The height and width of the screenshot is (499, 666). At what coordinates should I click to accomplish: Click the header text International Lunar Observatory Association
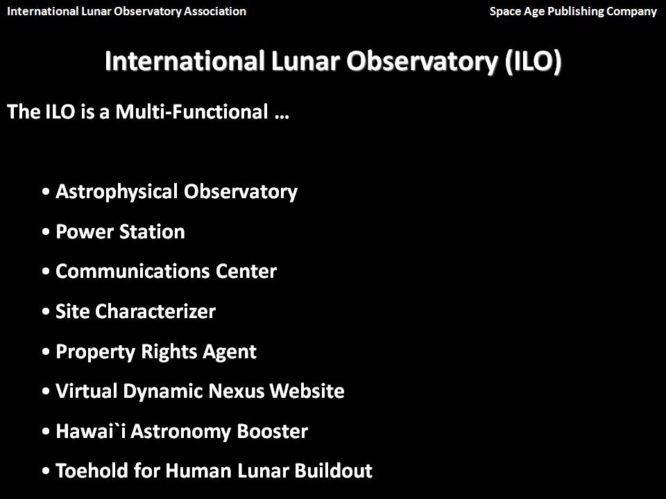pos(126,12)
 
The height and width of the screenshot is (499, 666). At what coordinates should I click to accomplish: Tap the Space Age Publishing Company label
pos(573,12)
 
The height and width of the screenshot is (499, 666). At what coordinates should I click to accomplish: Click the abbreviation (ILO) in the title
pos(533,62)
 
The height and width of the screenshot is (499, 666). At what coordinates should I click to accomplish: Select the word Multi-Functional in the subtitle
pos(191,112)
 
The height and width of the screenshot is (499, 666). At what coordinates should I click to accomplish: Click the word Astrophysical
pos(117,192)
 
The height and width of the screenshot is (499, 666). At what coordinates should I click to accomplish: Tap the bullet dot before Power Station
pos(46,232)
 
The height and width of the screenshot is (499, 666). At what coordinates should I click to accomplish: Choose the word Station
pos(152,231)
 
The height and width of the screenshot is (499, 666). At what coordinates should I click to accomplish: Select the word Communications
pos(133,272)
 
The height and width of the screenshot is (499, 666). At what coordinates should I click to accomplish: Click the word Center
pos(246,272)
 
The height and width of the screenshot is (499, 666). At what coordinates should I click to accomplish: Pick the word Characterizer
pos(155,311)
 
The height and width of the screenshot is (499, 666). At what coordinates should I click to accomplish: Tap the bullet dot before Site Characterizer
pos(46,312)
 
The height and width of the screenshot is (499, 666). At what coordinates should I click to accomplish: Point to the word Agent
pos(230,352)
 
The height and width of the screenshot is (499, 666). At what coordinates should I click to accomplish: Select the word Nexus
pos(237,391)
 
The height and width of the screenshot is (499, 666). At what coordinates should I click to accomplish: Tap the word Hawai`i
pos(90,431)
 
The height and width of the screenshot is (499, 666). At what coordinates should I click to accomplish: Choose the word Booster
pos(272,431)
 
